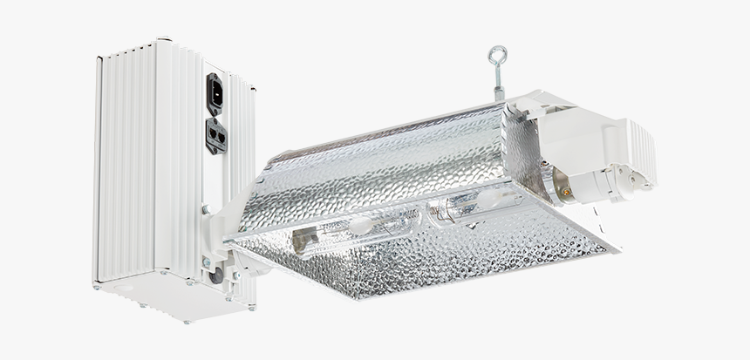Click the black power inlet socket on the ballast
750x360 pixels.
215,93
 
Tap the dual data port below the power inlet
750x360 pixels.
215,135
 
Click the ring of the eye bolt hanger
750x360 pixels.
499,54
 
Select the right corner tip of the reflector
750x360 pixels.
615,249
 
